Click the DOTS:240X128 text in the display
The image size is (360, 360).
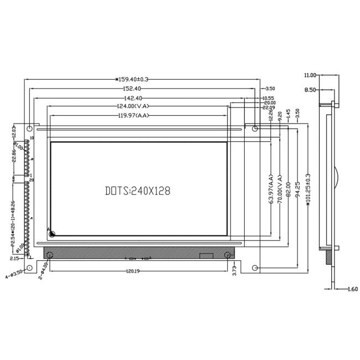137,191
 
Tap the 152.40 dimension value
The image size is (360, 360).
131,88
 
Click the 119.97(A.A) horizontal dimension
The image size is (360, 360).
135,115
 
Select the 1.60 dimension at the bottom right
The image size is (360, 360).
352,289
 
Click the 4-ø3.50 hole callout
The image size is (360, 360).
14,273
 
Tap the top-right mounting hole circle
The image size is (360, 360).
255,129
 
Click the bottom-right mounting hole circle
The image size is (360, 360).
255,269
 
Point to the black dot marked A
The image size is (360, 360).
52,234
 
